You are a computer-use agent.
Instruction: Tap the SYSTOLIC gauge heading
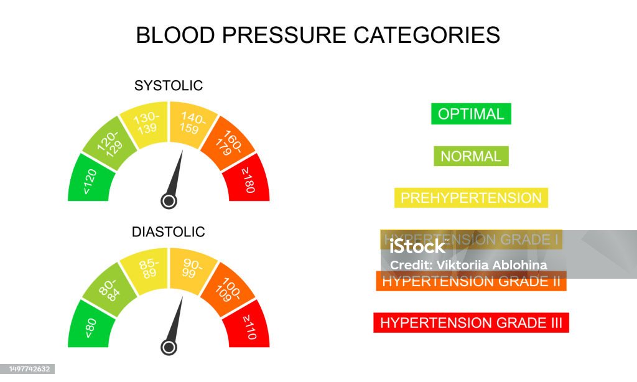169,86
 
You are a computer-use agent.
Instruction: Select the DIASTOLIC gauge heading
168,232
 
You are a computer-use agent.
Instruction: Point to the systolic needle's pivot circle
169,201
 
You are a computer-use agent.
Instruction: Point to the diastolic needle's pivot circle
169,347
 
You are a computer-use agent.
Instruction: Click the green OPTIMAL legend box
471,114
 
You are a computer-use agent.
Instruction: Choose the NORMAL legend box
471,156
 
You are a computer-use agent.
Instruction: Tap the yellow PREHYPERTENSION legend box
471,198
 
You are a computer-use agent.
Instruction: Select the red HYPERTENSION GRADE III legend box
471,323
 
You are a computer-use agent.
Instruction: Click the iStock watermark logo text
418,246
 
